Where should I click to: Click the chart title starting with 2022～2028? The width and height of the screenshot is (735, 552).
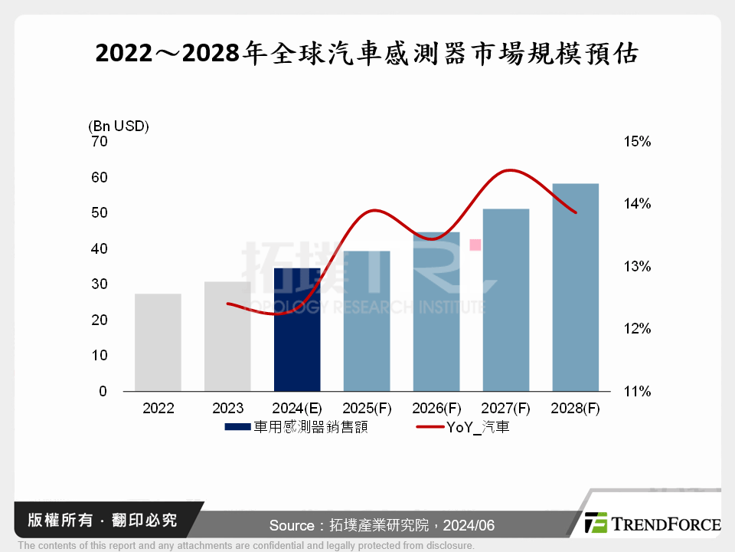(x=367, y=54)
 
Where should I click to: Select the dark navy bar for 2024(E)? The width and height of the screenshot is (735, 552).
(x=297, y=330)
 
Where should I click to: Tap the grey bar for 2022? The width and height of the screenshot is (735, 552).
(x=158, y=342)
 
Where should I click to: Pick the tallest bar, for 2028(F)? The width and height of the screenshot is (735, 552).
(x=575, y=287)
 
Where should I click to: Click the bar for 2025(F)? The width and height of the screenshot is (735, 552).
(x=367, y=320)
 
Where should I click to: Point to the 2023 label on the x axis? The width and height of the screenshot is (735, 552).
(x=227, y=409)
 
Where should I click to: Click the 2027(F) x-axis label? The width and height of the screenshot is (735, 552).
(x=506, y=409)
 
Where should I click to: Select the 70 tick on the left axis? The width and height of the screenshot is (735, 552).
(x=99, y=142)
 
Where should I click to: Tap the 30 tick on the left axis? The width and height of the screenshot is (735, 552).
(x=99, y=284)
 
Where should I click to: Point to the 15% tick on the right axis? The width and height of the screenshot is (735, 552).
(x=637, y=142)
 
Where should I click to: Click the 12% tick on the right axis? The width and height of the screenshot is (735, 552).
(x=637, y=329)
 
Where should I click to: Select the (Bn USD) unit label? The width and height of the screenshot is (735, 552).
(x=119, y=126)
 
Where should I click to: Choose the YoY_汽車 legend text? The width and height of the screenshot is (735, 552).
(x=478, y=428)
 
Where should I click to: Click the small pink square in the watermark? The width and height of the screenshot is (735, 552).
(x=475, y=245)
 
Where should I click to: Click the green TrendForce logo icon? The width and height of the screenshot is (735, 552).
(x=596, y=523)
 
